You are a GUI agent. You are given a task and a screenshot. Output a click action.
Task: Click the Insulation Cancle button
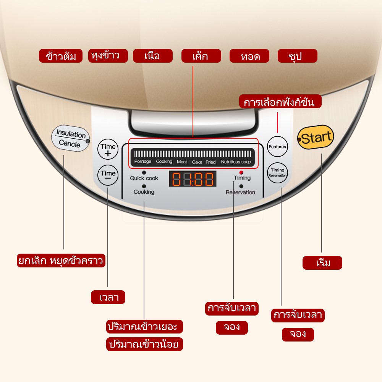point(70,139)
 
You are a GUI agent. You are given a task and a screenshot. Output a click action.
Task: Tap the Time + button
point(108,149)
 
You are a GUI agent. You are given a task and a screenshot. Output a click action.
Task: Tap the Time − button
point(108,175)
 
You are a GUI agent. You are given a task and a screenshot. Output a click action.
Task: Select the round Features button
point(277,147)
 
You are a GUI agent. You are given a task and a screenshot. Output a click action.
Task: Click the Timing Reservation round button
point(277,173)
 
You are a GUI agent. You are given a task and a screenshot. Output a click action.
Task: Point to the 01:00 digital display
point(193,179)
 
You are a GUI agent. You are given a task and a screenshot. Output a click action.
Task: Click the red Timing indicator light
point(241,173)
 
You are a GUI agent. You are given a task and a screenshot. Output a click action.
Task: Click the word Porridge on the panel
point(142,162)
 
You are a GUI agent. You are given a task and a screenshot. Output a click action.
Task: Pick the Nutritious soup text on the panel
point(236,162)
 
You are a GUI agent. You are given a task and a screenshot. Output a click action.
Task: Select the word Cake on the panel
point(197,162)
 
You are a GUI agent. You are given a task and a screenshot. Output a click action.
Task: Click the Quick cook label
point(144,178)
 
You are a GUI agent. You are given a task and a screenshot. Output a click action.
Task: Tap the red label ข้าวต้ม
point(61,56)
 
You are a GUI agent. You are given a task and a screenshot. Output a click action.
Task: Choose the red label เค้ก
point(201,56)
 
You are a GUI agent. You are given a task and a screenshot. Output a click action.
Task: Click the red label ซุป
point(297,56)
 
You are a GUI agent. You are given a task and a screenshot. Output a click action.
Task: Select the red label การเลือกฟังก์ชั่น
point(280,102)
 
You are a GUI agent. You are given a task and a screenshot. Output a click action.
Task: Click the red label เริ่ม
point(322,263)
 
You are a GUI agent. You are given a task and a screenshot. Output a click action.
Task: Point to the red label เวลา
point(108,297)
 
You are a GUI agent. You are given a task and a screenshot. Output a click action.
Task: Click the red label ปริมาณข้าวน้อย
point(144,344)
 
